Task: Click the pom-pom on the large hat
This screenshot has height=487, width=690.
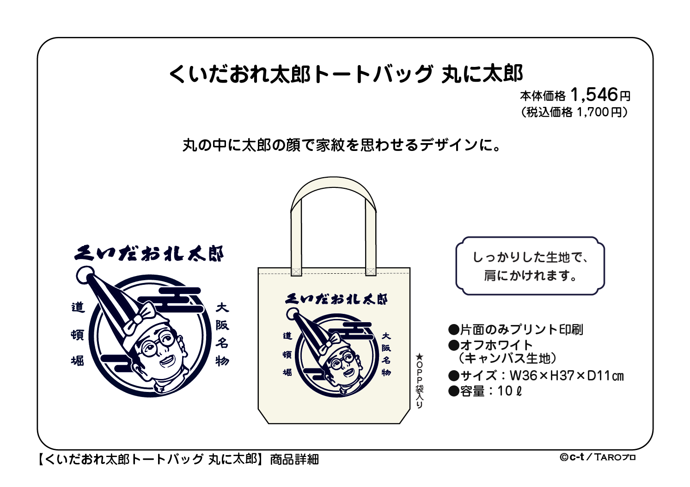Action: click(85, 275)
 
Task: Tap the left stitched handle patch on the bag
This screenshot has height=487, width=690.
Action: click(296, 271)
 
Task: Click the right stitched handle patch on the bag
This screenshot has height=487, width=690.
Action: click(371, 271)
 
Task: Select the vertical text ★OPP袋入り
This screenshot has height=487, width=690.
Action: click(420, 381)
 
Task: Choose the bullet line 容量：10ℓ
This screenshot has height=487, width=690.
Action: click(485, 391)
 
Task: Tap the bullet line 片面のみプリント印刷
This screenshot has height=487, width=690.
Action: click(516, 330)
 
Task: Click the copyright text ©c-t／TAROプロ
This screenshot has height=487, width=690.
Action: click(598, 457)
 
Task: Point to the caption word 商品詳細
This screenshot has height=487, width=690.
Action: click(294, 460)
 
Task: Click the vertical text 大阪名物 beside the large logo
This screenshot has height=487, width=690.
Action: click(222, 334)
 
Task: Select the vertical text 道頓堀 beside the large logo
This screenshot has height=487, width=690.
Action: click(78, 334)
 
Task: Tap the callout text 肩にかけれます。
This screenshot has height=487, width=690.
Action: click(530, 276)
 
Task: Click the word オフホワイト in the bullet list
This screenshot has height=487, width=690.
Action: click(496, 345)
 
